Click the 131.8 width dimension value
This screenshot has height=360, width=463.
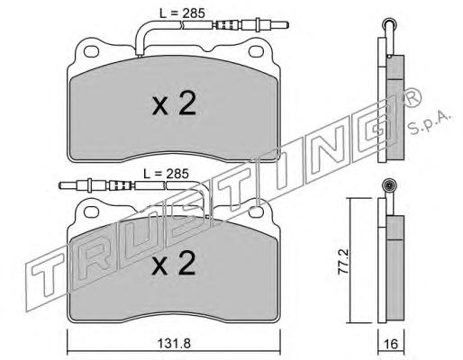pyautogui.click(x=174, y=344)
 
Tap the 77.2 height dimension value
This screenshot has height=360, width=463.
pyautogui.click(x=343, y=261)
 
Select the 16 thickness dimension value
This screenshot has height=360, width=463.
pyautogui.click(x=391, y=344)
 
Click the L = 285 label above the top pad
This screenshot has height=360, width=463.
pyautogui.click(x=182, y=13)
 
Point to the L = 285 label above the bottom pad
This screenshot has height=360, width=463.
pyautogui.click(x=166, y=174)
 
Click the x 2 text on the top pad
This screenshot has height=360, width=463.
pyautogui.click(x=174, y=104)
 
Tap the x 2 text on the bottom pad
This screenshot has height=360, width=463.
pyautogui.click(x=174, y=263)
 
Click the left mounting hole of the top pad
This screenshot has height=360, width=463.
pyautogui.click(x=91, y=51)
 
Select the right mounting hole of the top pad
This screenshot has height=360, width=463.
pyautogui.click(x=256, y=51)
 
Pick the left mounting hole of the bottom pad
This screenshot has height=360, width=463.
pyautogui.click(x=91, y=211)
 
